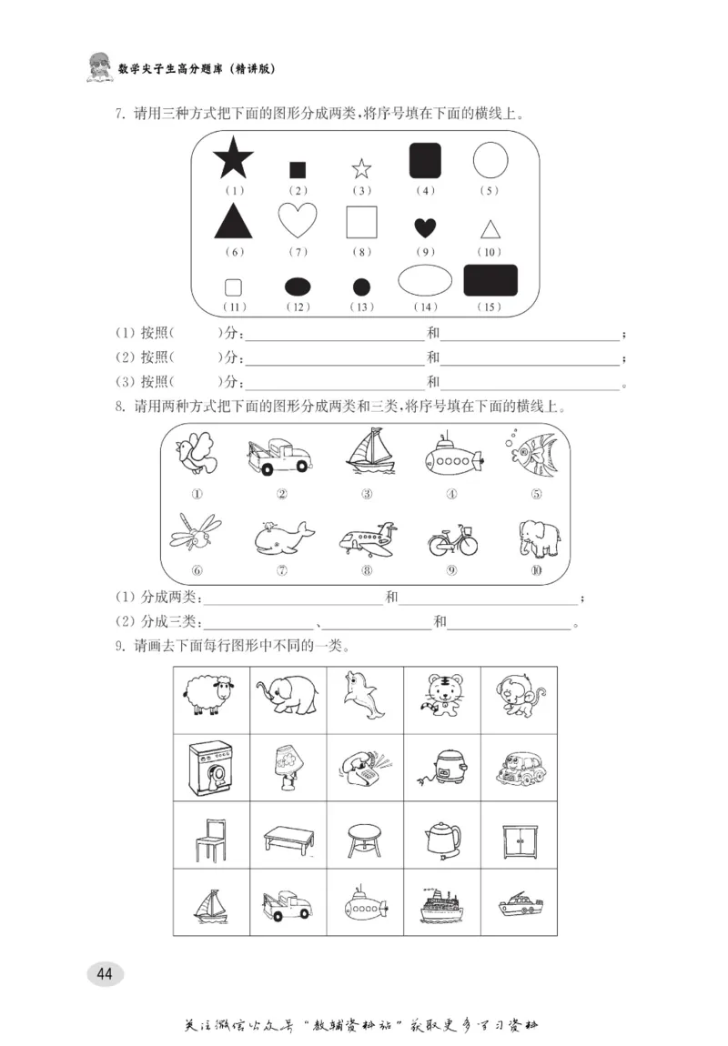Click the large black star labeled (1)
coord(233,159)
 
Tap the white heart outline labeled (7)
coord(298,220)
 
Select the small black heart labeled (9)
coord(425,227)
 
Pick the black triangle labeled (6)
coord(233,221)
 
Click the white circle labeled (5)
coord(490,160)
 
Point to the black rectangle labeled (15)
coord(490,280)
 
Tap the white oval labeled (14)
coord(425,280)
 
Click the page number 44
coord(105,974)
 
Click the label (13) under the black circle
coord(361,307)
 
